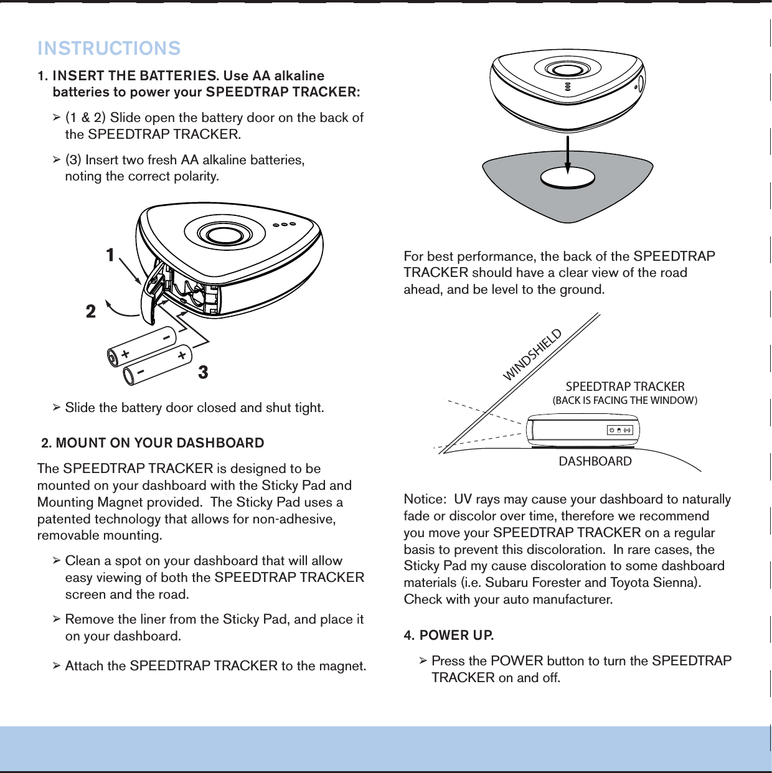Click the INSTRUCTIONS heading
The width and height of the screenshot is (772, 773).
pos(109,48)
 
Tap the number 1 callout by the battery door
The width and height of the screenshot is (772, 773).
pos(110,255)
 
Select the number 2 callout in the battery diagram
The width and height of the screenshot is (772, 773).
pos(91,311)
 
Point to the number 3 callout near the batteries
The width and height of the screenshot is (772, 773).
pos(203,372)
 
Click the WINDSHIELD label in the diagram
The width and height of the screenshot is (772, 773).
pos(532,354)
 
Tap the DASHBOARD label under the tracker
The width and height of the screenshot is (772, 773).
pos(595,461)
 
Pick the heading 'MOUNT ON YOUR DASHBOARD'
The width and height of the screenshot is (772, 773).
pos(159,443)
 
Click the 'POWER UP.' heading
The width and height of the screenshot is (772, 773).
pos(456,635)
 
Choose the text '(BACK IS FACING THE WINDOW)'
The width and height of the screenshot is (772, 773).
pos(625,401)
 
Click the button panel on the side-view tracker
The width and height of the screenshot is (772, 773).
pos(619,430)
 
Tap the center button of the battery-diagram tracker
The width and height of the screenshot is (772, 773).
pos(221,235)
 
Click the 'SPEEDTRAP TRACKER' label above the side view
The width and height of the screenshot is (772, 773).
pos(625,386)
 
